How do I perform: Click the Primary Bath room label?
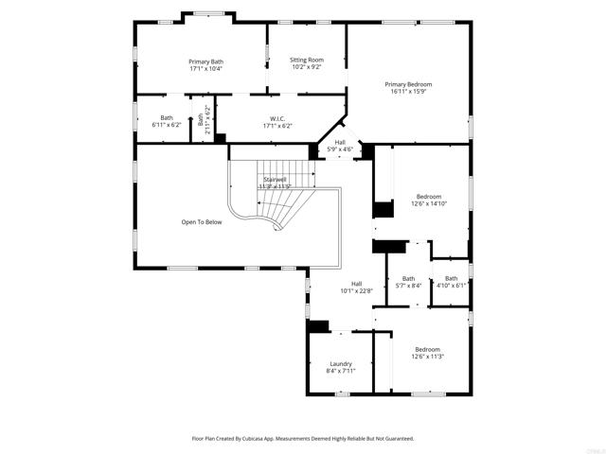(x=205, y=61)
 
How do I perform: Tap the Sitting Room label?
(x=306, y=60)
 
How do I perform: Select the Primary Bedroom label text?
(x=408, y=83)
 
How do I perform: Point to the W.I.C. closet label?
(x=270, y=118)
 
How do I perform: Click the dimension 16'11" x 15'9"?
(x=408, y=91)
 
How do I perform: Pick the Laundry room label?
(x=341, y=363)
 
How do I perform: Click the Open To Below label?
(x=202, y=222)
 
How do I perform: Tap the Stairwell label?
(x=275, y=179)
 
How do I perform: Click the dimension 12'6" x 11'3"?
(x=427, y=357)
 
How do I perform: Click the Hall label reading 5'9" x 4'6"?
(x=340, y=148)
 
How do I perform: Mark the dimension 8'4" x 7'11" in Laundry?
(x=341, y=371)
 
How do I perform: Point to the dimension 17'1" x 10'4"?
(x=205, y=69)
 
